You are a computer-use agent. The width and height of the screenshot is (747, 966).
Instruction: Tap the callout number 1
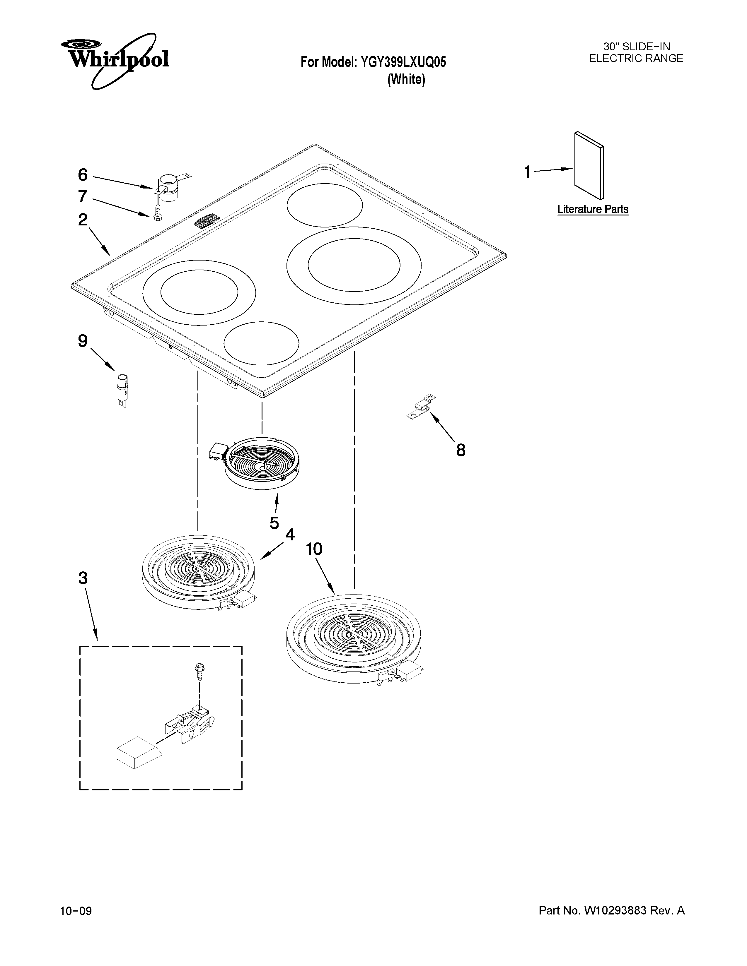coord(527,172)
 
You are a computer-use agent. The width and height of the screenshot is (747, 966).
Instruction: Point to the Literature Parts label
coord(593,209)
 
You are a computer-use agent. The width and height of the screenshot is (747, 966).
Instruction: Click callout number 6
coord(83,175)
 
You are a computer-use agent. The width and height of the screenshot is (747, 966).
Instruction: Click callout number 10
coord(314,549)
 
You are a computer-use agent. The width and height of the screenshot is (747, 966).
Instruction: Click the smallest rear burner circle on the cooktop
coord(324,205)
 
